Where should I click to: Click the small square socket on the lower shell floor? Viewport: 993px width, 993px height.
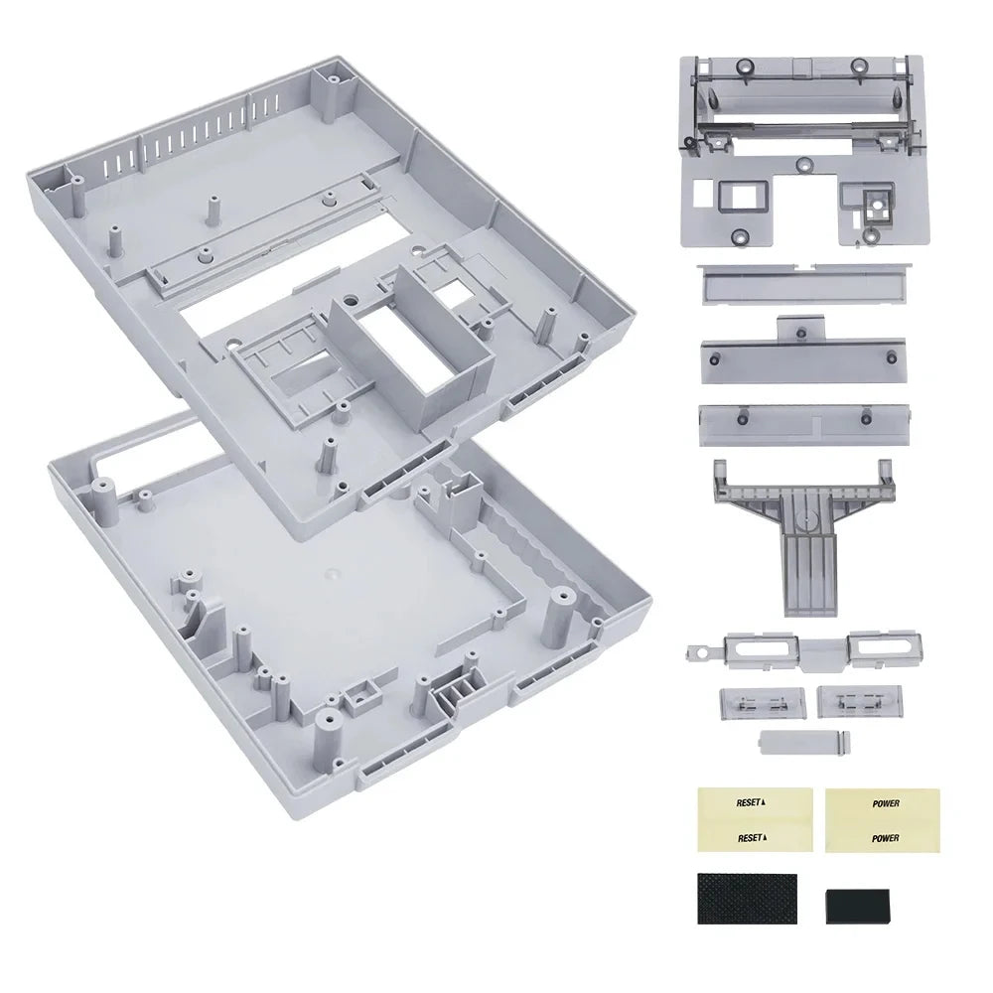tap(356, 699)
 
